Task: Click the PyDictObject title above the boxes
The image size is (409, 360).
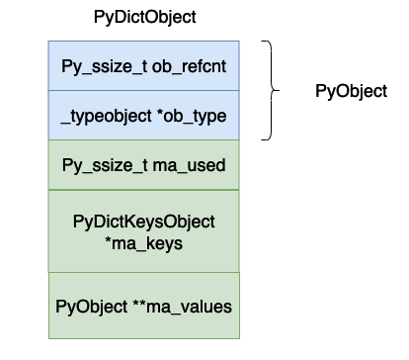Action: click(x=144, y=18)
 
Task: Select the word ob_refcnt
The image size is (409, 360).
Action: click(x=193, y=65)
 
